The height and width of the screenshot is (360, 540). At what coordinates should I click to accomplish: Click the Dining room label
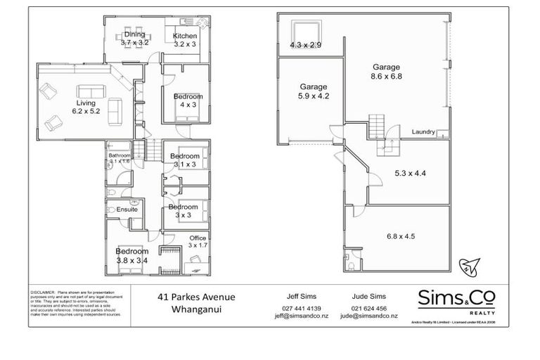click(134, 38)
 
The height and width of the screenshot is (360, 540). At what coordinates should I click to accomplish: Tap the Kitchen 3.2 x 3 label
click(185, 40)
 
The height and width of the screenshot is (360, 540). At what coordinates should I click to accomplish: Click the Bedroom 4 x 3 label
click(188, 101)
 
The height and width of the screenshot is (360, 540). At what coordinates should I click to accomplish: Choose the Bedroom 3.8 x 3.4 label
click(132, 255)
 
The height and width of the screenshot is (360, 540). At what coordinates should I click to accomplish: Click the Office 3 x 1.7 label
click(197, 243)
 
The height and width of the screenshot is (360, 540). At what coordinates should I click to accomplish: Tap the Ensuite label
click(127, 210)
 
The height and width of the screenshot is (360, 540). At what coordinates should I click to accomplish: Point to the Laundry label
click(423, 131)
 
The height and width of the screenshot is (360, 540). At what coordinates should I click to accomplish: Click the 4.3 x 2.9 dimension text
click(305, 45)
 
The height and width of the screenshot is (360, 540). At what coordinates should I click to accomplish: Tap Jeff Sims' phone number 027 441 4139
click(301, 308)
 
